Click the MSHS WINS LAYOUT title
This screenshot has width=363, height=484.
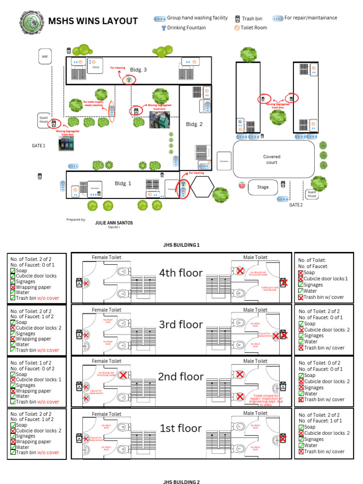tap(93, 21)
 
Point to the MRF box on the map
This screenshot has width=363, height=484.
tap(45, 57)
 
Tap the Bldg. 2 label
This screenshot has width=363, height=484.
tap(194, 124)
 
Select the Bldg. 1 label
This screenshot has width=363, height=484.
tap(123, 183)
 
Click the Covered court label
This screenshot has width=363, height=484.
tap(271, 159)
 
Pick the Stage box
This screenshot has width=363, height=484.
tap(263, 187)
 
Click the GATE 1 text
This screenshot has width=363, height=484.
tap(38, 146)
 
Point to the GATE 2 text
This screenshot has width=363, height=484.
tap(296, 205)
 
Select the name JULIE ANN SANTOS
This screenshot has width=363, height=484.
tap(114, 222)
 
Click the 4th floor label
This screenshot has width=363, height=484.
tap(181, 273)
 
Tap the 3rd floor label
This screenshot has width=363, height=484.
tap(181, 325)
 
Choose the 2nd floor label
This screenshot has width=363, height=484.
tap(181, 377)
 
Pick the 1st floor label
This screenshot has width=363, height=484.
tap(181, 428)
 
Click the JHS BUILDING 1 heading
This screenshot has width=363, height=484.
tap(181, 245)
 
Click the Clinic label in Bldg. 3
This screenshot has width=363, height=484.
tap(96, 68)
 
